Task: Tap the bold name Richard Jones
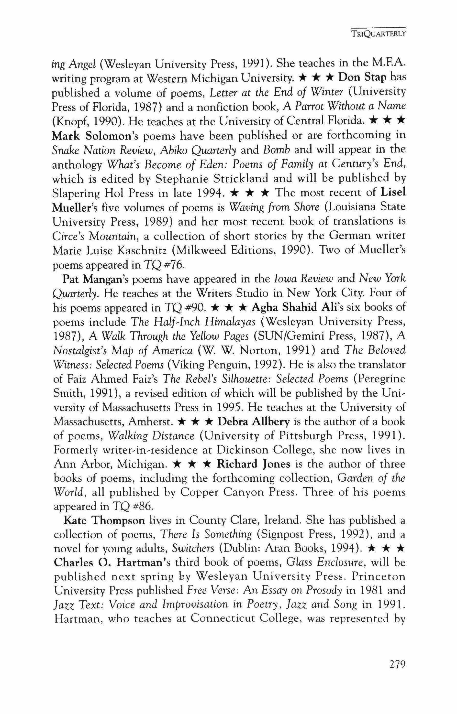pos(253,464)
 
